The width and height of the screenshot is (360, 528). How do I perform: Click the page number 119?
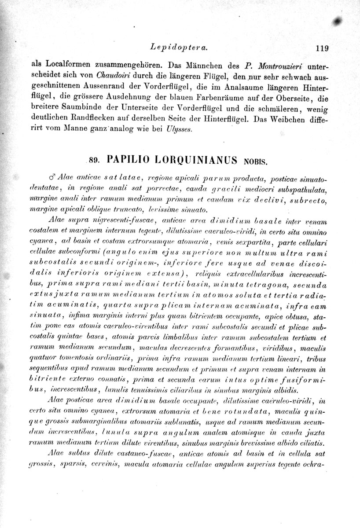click(322, 48)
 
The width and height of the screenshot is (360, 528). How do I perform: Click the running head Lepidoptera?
click(179, 46)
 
